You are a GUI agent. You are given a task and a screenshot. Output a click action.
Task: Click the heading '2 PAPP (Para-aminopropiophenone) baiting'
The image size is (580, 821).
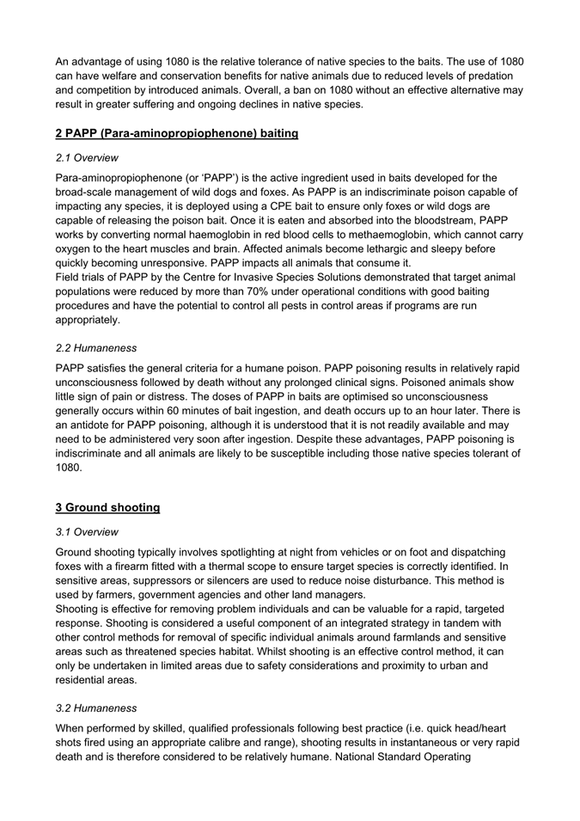pyautogui.click(x=176, y=133)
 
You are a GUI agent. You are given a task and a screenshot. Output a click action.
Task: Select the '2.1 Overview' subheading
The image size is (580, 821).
pyautogui.click(x=87, y=158)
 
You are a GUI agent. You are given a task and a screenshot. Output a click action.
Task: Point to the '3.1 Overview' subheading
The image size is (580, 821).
pyautogui.click(x=87, y=532)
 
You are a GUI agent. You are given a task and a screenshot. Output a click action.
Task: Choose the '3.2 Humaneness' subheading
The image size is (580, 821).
pyautogui.click(x=95, y=708)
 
